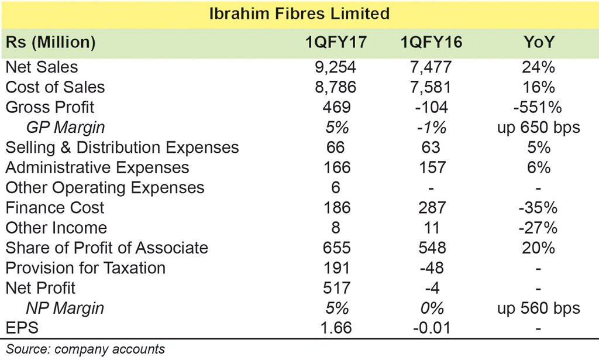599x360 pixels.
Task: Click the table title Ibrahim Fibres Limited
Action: pos(299,14)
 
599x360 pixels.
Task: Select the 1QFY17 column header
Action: pos(336,42)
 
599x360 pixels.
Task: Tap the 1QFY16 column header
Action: pos(431,42)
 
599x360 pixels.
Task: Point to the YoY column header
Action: pos(539,42)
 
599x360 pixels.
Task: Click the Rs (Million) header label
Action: pos(50,42)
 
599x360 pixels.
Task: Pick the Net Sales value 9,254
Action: pos(335,67)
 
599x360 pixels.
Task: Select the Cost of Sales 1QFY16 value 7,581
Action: pos(431,87)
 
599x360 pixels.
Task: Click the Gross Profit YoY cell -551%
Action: pos(538,107)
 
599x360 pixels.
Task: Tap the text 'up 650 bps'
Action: pos(539,128)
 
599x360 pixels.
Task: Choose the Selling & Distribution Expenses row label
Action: pos(122,148)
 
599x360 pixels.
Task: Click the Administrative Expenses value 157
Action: pos(432,167)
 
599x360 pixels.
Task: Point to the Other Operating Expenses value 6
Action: pos(335,188)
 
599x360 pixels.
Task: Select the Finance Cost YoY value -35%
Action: pos(538,208)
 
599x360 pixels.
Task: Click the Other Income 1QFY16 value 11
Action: pos(432,228)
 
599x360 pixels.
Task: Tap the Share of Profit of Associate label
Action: pos(106,248)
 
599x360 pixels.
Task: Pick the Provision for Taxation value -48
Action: pos(432,268)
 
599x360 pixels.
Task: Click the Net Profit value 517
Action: pos(336,288)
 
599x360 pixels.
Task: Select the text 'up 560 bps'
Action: pos(539,308)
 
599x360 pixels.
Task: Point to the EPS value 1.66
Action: pos(336,328)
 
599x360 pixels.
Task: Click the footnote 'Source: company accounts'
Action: pos(85,349)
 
